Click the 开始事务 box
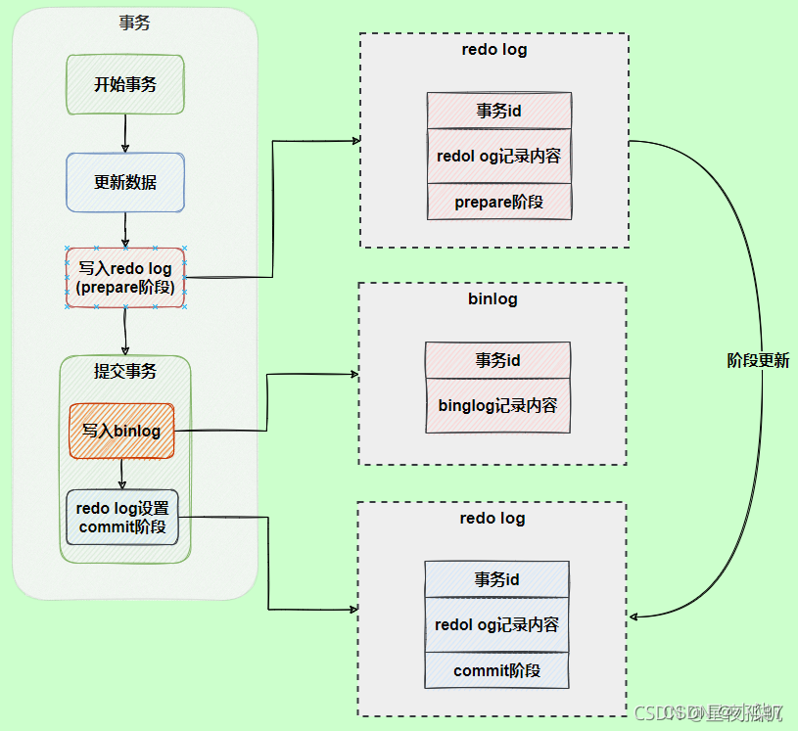click(x=125, y=84)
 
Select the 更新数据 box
click(x=125, y=182)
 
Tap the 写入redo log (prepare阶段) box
click(x=125, y=278)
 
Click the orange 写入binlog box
click(x=122, y=431)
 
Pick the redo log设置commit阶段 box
click(x=122, y=518)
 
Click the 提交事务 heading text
click(x=125, y=371)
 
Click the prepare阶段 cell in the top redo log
click(x=498, y=202)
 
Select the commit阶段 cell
click(x=496, y=670)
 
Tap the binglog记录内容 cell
click(x=497, y=405)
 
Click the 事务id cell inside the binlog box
click(x=497, y=360)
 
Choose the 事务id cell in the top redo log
click(x=498, y=111)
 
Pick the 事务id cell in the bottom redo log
click(x=496, y=579)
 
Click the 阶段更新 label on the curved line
click(x=758, y=360)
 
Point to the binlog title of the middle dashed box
click(x=493, y=298)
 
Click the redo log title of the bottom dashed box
click(x=493, y=518)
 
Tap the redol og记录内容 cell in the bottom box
click(x=496, y=624)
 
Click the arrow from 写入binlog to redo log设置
click(x=121, y=475)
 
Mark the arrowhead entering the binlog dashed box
click(x=353, y=374)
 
